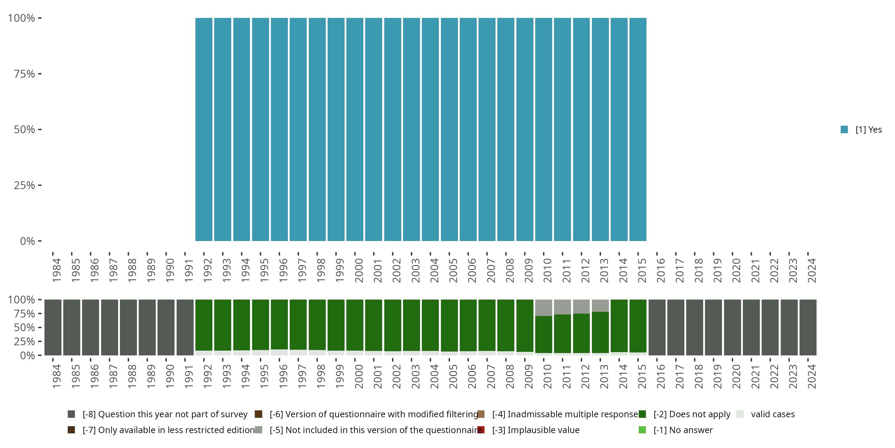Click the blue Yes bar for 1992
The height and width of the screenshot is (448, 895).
(x=203, y=129)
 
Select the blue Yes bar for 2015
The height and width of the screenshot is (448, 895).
(x=638, y=129)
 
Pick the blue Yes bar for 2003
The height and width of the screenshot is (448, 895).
(x=411, y=129)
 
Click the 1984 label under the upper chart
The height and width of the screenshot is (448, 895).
(x=57, y=270)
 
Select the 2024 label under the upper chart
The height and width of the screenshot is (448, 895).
(x=811, y=270)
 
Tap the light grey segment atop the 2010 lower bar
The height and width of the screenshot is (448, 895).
(x=543, y=308)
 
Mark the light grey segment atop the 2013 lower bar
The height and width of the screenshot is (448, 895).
(x=600, y=306)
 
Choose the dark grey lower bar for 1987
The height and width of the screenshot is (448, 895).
(x=109, y=327)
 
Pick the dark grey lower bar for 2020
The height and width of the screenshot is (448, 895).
(x=732, y=327)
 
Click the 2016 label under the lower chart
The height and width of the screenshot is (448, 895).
(x=661, y=376)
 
